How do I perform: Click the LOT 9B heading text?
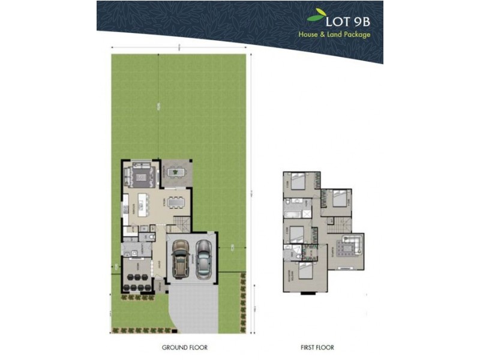(x=349, y=20)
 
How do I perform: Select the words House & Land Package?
(x=334, y=34)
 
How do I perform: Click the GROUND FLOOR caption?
(x=185, y=347)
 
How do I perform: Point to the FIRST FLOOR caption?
(x=317, y=347)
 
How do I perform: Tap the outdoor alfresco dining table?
(x=176, y=173)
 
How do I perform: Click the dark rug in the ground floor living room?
(x=142, y=175)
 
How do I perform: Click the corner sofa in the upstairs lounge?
(x=350, y=246)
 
